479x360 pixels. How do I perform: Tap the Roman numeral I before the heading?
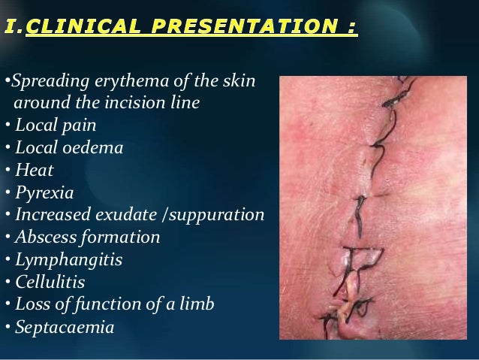click(x=11, y=29)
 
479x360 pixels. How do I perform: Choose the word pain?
click(x=79, y=125)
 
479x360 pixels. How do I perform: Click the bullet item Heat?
click(x=34, y=170)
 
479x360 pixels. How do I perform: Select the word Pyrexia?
click(x=44, y=192)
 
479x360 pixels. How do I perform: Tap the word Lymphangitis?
click(x=68, y=260)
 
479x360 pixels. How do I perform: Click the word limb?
click(x=197, y=304)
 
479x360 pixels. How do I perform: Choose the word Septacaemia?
click(x=64, y=328)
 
